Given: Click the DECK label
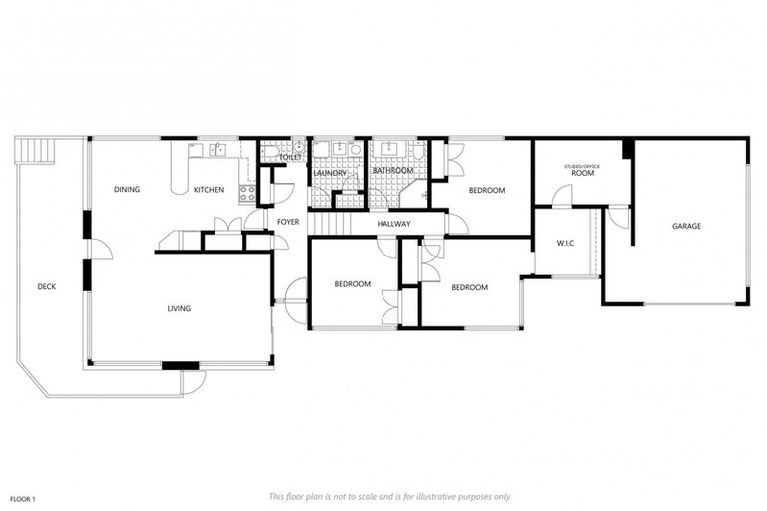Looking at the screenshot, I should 46,287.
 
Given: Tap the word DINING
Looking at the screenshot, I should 126,189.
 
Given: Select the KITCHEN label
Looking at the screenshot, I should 209,189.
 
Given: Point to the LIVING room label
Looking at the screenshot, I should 179,308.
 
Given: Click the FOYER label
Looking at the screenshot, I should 288,222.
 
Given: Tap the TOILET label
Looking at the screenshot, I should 290,157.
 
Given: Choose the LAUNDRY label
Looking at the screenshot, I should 329,173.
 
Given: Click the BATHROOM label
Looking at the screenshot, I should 392,171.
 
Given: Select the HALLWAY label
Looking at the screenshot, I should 393,224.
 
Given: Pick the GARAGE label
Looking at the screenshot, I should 686,226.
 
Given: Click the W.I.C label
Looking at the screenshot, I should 564,242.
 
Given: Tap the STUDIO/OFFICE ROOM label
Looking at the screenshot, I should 581,170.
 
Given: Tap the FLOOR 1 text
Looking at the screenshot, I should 23,498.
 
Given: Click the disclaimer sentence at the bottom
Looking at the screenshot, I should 389,496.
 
